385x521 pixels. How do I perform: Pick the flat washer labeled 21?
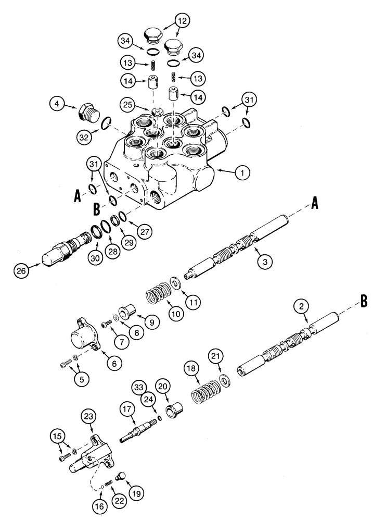pyautogui.click(x=225, y=380)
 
